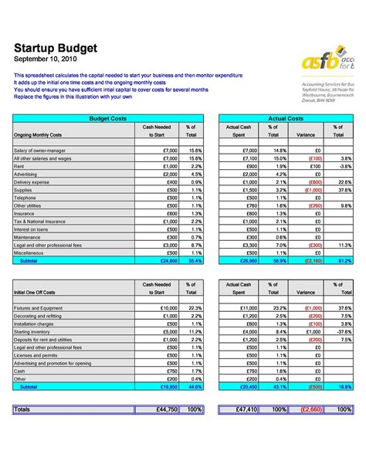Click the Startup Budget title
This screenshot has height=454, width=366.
56,48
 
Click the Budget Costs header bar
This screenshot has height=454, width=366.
108,118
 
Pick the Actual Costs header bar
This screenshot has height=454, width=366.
286,118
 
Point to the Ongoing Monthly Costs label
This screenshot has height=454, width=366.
39,134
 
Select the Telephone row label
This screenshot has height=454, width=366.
25,198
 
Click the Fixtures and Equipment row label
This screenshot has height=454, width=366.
38,308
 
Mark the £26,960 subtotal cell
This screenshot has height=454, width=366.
245,261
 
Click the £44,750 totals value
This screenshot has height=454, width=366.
163,408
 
